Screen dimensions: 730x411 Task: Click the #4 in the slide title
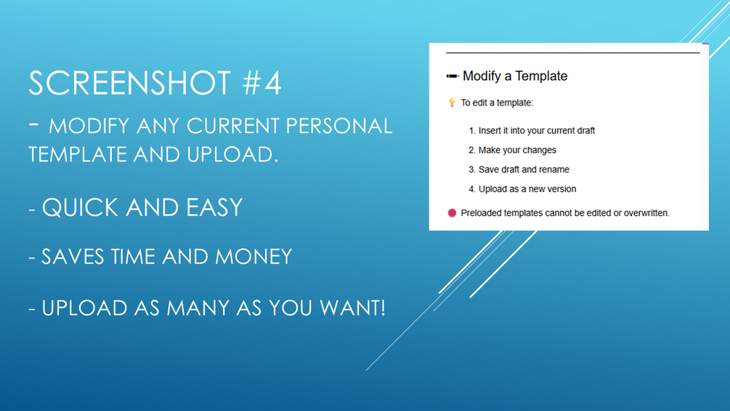(262, 83)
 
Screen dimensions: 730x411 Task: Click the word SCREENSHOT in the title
(130, 83)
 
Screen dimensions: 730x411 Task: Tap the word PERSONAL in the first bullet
(339, 126)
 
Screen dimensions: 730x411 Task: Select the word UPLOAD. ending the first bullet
(232, 155)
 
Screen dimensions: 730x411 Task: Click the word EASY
(214, 208)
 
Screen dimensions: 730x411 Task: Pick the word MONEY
(254, 257)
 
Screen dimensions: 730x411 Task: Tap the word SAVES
(73, 257)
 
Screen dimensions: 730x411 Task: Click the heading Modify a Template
(515, 76)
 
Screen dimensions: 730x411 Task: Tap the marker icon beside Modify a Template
(452, 76)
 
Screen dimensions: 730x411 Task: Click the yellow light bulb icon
(452, 103)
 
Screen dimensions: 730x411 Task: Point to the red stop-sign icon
(452, 213)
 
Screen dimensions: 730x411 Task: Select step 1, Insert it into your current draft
(532, 131)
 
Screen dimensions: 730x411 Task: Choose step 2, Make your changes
(512, 150)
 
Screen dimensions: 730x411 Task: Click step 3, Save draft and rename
(519, 169)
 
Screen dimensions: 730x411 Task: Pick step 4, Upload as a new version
(522, 189)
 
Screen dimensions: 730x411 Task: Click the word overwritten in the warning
(646, 213)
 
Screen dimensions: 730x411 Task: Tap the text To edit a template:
(498, 103)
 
